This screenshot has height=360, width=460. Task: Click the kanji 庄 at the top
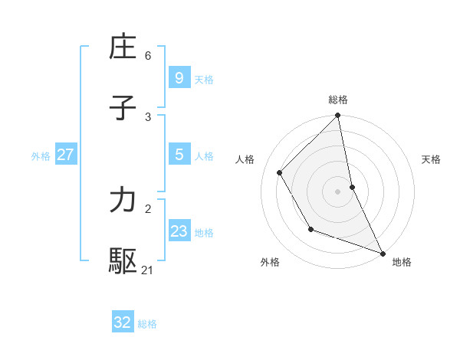point(123,47)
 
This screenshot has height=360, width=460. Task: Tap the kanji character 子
point(123,108)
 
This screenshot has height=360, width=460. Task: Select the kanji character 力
point(123,200)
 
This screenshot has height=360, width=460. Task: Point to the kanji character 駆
point(123,261)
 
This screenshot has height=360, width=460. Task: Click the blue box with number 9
point(179,78)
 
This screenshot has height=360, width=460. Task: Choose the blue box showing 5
point(179,155)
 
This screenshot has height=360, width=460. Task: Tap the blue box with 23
point(179,231)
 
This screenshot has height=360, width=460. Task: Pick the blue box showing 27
point(65,155)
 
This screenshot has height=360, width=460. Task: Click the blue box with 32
point(122,322)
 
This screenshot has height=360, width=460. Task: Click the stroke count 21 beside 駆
point(147,270)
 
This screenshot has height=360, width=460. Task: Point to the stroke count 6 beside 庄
point(148,55)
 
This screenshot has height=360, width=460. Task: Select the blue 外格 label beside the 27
point(41,156)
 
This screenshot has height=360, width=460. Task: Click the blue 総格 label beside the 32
point(147,324)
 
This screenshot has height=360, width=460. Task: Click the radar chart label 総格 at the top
point(338,100)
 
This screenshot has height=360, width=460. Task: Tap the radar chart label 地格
point(402,262)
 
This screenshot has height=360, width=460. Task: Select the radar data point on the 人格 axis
point(280,173)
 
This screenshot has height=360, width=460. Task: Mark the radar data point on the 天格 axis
point(352,187)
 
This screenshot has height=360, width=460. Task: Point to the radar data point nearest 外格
point(310,229)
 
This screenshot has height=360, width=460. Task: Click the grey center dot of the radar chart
point(338,191)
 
